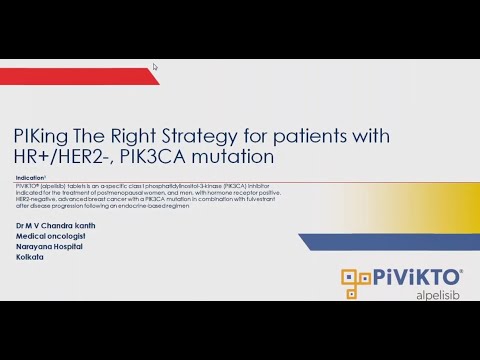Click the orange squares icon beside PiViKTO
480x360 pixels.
click(357, 284)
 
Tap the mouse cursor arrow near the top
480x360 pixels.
click(155, 67)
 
